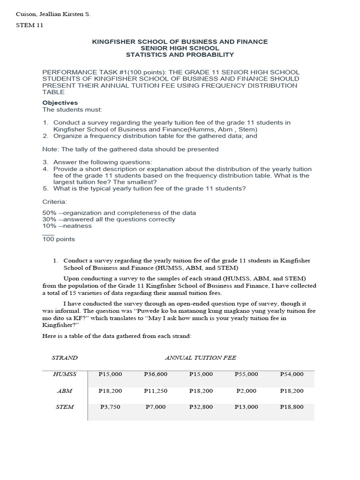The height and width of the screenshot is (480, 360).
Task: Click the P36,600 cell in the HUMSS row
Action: tap(156, 374)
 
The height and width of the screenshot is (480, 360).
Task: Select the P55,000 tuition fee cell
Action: tap(246, 374)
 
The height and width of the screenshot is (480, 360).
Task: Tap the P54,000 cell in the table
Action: tap(292, 374)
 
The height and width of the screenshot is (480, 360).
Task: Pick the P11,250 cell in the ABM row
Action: tap(156, 390)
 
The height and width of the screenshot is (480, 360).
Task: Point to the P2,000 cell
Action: tap(246, 390)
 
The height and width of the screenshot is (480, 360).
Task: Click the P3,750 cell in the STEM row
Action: tap(110, 407)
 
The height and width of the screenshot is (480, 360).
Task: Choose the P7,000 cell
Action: tap(156, 407)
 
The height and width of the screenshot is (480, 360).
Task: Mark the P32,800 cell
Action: tap(201, 407)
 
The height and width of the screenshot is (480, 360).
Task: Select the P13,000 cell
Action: tap(246, 407)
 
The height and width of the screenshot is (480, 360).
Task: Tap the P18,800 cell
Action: tap(292, 407)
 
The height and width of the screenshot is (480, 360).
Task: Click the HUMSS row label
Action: tap(65, 374)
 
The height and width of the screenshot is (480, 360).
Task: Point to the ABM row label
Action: tap(65, 390)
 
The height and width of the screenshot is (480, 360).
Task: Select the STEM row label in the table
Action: tap(65, 407)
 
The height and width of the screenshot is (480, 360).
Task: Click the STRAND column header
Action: tap(65, 358)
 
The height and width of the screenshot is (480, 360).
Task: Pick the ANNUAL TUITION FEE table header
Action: tap(201, 358)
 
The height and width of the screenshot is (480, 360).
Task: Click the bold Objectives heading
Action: tap(60, 103)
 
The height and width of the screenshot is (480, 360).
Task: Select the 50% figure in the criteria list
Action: tap(49, 213)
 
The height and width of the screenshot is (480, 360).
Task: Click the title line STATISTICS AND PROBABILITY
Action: tap(180, 55)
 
